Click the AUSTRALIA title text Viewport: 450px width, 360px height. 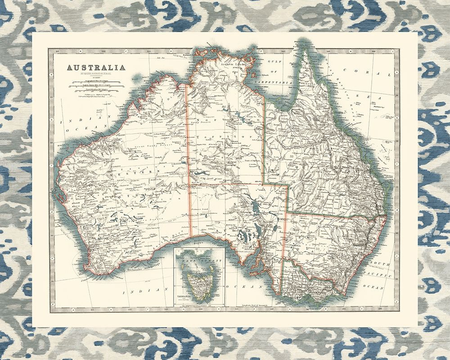[x=96, y=68]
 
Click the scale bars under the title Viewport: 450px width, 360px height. [x=96, y=86]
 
